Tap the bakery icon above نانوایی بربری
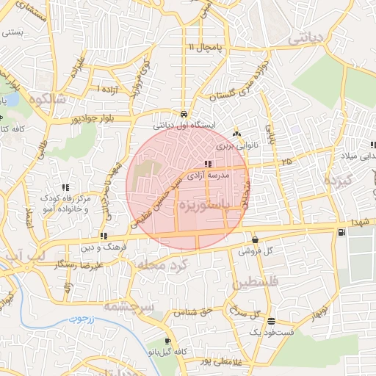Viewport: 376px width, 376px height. [236, 134]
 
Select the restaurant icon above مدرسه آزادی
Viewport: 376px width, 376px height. [209, 164]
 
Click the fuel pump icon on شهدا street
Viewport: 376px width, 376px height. [341, 233]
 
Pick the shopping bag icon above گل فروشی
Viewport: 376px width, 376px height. [255, 239]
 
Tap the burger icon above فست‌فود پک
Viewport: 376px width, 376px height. [272, 321]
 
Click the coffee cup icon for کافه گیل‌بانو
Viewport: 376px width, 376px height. [168, 341]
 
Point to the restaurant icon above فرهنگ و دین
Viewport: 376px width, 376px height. [104, 236]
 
